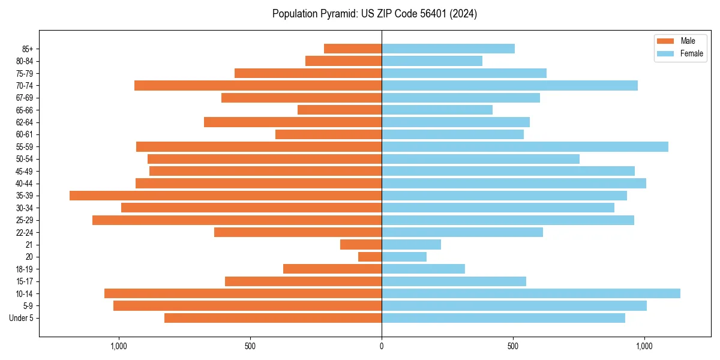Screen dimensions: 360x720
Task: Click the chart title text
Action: coord(374,14)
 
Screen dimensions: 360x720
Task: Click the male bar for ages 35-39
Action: coord(226,196)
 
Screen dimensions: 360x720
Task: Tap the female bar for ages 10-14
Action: coord(531,293)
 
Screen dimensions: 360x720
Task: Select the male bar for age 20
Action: coord(370,257)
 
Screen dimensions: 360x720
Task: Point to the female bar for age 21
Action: coord(411,245)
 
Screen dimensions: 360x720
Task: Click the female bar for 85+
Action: coord(448,49)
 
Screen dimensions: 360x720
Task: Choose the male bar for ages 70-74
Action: coord(258,86)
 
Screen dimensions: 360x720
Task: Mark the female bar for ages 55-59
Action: coord(525,147)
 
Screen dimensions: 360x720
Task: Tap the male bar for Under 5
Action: coord(273,318)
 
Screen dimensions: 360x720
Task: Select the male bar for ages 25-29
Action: coord(237,220)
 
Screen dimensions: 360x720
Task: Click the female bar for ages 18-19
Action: coord(423,269)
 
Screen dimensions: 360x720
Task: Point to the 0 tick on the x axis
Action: coord(382,346)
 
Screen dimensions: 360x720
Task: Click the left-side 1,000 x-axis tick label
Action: coord(119,346)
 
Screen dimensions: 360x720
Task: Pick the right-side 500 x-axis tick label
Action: coord(513,346)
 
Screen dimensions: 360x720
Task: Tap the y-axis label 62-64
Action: coord(25,122)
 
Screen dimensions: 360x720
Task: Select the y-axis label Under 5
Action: coord(22,318)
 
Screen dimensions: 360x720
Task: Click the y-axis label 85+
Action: coord(28,49)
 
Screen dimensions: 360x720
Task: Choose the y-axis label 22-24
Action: coord(25,232)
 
